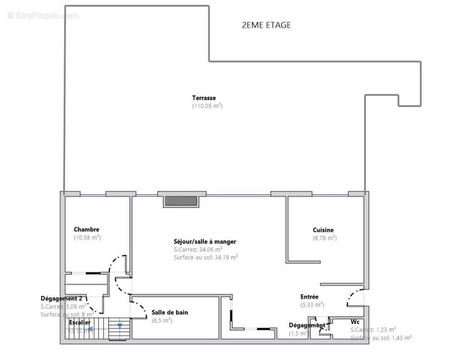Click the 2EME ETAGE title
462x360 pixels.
click(x=266, y=25)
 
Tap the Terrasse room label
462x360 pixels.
click(x=204, y=98)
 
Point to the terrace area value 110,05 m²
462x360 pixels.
click(x=207, y=106)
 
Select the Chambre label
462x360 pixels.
click(x=86, y=229)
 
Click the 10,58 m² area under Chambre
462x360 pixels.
click(x=87, y=237)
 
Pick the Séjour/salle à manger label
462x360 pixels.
click(x=205, y=242)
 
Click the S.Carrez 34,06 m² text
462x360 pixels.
click(x=198, y=249)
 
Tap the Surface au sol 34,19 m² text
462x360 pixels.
click(x=206, y=257)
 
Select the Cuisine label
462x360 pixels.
click(x=323, y=230)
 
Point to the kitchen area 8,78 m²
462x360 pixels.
click(x=324, y=238)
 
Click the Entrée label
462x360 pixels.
click(x=309, y=297)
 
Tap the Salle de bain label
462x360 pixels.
click(x=170, y=312)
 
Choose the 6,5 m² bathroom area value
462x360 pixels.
click(x=162, y=320)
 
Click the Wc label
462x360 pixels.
click(x=355, y=322)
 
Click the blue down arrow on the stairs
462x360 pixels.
click(x=120, y=325)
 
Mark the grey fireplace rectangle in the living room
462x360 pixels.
click(x=181, y=201)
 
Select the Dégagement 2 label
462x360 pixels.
click(x=61, y=298)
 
